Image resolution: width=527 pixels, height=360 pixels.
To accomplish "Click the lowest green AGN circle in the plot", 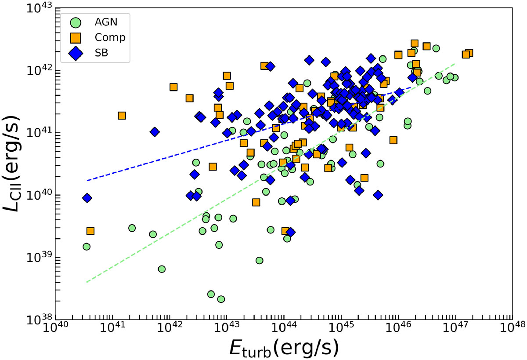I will tap(221, 299).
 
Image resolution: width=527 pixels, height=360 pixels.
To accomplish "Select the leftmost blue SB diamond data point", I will tap(87, 198).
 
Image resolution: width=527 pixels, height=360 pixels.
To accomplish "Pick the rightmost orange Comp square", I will tap(469, 53).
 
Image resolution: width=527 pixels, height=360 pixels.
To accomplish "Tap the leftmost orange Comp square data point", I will tap(90, 231).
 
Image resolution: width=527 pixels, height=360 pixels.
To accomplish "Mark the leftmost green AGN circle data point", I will tap(87, 247).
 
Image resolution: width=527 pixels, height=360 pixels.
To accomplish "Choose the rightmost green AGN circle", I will tap(455, 77).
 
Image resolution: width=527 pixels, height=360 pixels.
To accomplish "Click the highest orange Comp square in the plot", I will tap(414, 43).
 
